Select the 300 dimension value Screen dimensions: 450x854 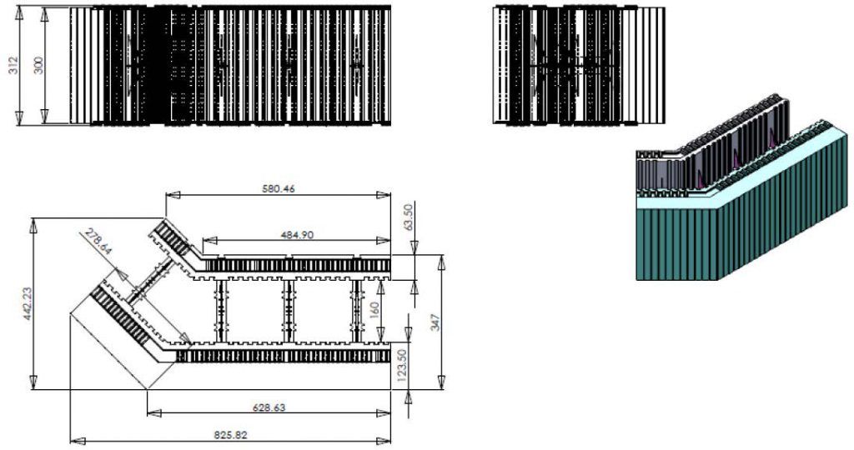(x=38, y=66)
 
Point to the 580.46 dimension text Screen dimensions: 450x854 (x=278, y=188)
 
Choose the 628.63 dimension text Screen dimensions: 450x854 (x=277, y=407)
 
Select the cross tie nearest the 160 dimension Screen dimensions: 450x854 (x=358, y=311)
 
